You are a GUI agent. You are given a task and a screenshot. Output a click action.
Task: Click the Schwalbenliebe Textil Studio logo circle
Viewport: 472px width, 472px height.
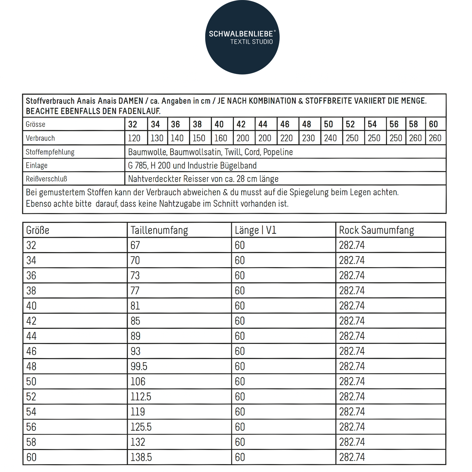pyautogui.click(x=242, y=37)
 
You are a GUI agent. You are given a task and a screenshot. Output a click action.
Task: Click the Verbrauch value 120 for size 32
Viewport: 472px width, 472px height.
pyautogui.click(x=134, y=138)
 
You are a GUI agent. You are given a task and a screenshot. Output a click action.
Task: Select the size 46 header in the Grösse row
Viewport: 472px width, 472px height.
pyautogui.click(x=285, y=124)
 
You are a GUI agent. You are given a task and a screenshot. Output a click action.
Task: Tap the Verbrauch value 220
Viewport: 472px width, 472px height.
pyautogui.click(x=286, y=138)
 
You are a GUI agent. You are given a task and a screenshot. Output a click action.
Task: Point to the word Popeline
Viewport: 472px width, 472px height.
pyautogui.click(x=278, y=152)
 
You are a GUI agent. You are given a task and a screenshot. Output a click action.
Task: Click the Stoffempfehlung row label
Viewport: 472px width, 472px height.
pyautogui.click(x=50, y=152)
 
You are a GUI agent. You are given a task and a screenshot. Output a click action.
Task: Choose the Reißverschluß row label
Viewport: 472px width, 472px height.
pyautogui.click(x=46, y=179)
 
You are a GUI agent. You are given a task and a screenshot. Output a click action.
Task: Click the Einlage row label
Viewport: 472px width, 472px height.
pyautogui.click(x=37, y=166)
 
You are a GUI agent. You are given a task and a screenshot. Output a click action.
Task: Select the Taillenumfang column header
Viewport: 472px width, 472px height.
pyautogui.click(x=159, y=230)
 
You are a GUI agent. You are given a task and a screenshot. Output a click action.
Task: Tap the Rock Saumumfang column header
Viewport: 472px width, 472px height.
pyautogui.click(x=376, y=230)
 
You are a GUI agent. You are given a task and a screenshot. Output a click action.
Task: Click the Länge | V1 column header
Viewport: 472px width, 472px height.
pyautogui.click(x=256, y=230)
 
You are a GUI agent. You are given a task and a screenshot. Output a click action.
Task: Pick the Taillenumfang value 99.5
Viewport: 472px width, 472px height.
pyautogui.click(x=139, y=367)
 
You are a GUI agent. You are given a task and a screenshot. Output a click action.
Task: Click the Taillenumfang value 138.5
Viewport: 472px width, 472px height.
pyautogui.click(x=141, y=457)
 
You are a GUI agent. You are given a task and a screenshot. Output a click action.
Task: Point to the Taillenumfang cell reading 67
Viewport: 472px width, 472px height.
pyautogui.click(x=135, y=245)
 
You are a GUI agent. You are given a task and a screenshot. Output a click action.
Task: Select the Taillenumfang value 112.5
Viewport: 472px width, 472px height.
pyautogui.click(x=141, y=397)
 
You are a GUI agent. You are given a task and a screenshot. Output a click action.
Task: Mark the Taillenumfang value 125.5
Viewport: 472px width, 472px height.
pyautogui.click(x=141, y=427)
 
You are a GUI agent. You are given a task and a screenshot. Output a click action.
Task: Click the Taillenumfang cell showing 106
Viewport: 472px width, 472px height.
pyautogui.click(x=138, y=382)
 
